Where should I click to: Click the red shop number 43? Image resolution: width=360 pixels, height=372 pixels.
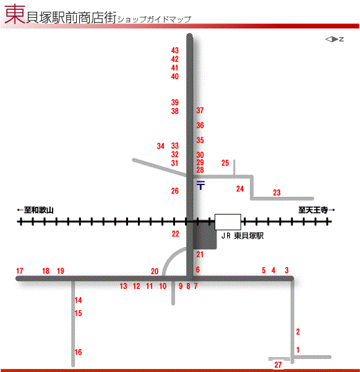(x=175, y=50)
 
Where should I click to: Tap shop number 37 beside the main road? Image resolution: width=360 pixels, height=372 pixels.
(x=200, y=110)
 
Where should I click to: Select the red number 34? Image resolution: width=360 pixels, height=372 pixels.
(x=161, y=146)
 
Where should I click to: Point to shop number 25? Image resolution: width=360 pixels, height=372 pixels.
(x=225, y=163)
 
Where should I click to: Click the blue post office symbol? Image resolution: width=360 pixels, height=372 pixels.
(x=200, y=185)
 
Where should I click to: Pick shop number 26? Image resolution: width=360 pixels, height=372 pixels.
(x=175, y=191)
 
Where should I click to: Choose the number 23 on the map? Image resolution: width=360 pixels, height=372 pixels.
(x=276, y=192)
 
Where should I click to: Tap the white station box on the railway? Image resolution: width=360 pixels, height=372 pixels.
(x=228, y=222)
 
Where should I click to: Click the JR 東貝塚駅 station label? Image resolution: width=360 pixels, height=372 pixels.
(x=242, y=236)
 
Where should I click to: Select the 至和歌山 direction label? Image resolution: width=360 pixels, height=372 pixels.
(x=35, y=210)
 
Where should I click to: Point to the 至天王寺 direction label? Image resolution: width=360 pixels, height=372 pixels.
(x=317, y=210)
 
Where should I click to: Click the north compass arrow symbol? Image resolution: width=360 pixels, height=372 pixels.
(x=335, y=39)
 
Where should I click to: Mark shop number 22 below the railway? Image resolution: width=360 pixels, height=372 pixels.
(x=176, y=234)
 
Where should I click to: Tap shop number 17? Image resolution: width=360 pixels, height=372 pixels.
(x=20, y=270)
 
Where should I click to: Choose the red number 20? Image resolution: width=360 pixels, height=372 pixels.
(x=155, y=271)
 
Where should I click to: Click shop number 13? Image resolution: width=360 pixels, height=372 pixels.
(x=123, y=286)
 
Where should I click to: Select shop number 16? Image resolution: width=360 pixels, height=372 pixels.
(x=79, y=352)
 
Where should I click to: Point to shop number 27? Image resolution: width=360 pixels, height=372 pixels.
(x=278, y=365)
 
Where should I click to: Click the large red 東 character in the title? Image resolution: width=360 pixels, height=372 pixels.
(x=15, y=14)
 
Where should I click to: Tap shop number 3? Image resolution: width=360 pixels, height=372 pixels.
(x=287, y=270)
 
